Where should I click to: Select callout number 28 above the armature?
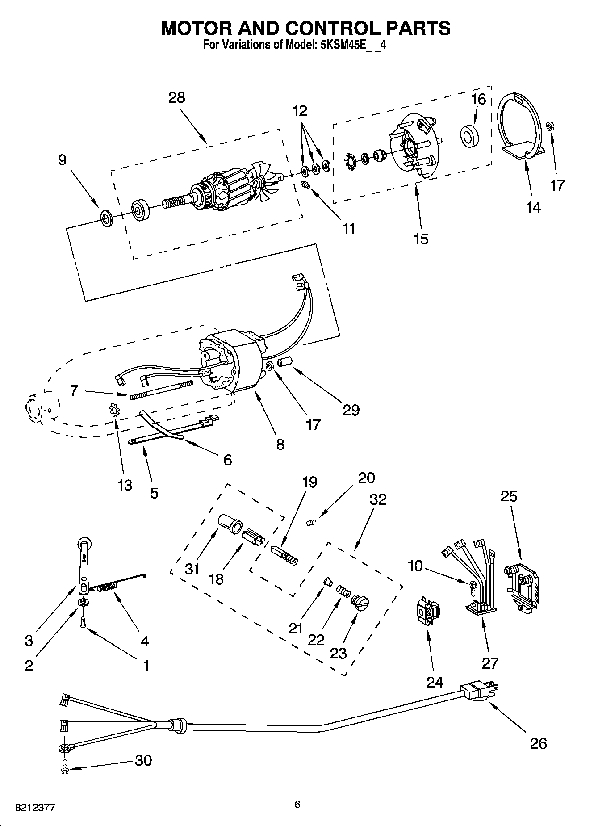(176, 97)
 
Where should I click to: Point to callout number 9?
(62, 159)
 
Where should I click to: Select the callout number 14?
(534, 207)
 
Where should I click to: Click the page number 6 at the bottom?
(297, 805)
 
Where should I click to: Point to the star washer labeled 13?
(115, 409)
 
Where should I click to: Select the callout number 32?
(377, 499)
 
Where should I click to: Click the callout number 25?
(509, 496)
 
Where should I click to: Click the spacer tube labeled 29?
(284, 362)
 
